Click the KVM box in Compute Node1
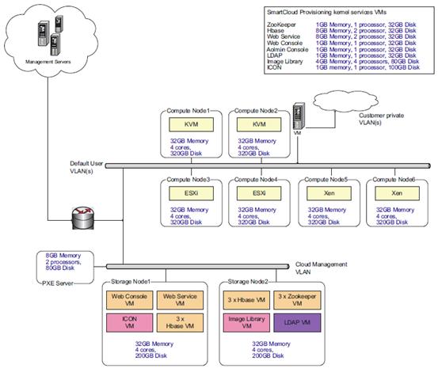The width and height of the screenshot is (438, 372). coord(191,124)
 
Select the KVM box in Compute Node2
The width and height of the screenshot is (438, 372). coord(259,124)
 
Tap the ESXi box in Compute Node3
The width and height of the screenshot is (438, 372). coord(191,193)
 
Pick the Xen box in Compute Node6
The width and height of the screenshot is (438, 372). coord(397,193)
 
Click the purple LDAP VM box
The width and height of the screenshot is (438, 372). coord(297,323)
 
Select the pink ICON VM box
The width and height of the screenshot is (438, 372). coord(130,323)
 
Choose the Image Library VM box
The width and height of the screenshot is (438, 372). coord(246,323)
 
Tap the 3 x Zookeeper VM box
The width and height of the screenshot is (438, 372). coord(297,300)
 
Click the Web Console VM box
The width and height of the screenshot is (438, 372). coord(130,300)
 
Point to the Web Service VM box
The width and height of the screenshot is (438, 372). coord(180,300)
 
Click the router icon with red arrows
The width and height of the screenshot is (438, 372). coord(83,218)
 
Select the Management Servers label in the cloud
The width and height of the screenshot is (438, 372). coord(48,62)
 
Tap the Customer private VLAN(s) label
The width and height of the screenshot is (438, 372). coord(381,119)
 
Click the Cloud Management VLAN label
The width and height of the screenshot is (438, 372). coord(322,268)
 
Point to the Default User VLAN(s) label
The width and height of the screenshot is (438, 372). coord(86,167)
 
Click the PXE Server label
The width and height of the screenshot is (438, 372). coord(58,283)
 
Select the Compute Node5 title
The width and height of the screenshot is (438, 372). coord(326,180)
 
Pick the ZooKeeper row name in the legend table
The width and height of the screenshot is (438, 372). coord(281,25)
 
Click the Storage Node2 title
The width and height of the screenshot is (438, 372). coord(248,282)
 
